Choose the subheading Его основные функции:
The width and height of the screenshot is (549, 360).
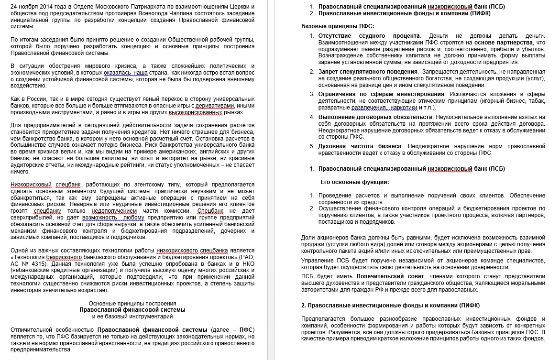[x=354, y=182]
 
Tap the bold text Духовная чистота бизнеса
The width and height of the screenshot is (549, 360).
[x=360, y=146]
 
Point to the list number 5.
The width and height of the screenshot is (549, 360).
[x=312, y=146]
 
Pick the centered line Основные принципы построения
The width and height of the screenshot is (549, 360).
[x=132, y=303]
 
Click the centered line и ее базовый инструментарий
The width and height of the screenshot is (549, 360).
[x=132, y=316]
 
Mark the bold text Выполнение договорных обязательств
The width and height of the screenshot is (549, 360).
[x=375, y=117]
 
